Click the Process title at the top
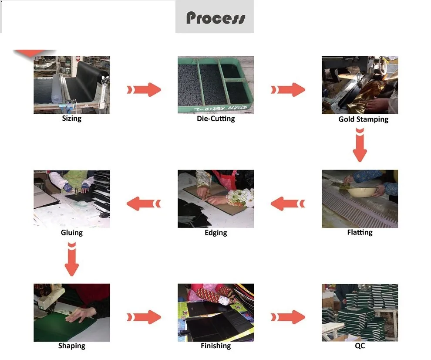click(x=215, y=18)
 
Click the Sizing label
click(x=71, y=118)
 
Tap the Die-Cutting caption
click(x=215, y=119)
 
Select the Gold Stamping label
click(x=363, y=119)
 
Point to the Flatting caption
click(x=360, y=232)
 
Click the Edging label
click(x=215, y=233)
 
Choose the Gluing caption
click(x=71, y=233)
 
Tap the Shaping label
click(x=71, y=346)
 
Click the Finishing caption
click(x=215, y=346)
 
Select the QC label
click(x=360, y=346)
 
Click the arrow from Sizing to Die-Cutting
click(x=144, y=90)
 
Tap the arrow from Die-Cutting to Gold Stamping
click(x=288, y=90)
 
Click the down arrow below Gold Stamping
click(x=360, y=145)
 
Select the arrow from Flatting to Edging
click(x=288, y=203)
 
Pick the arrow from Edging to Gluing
click(x=144, y=203)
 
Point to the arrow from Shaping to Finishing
click(x=144, y=317)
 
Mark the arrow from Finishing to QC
click(x=288, y=317)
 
